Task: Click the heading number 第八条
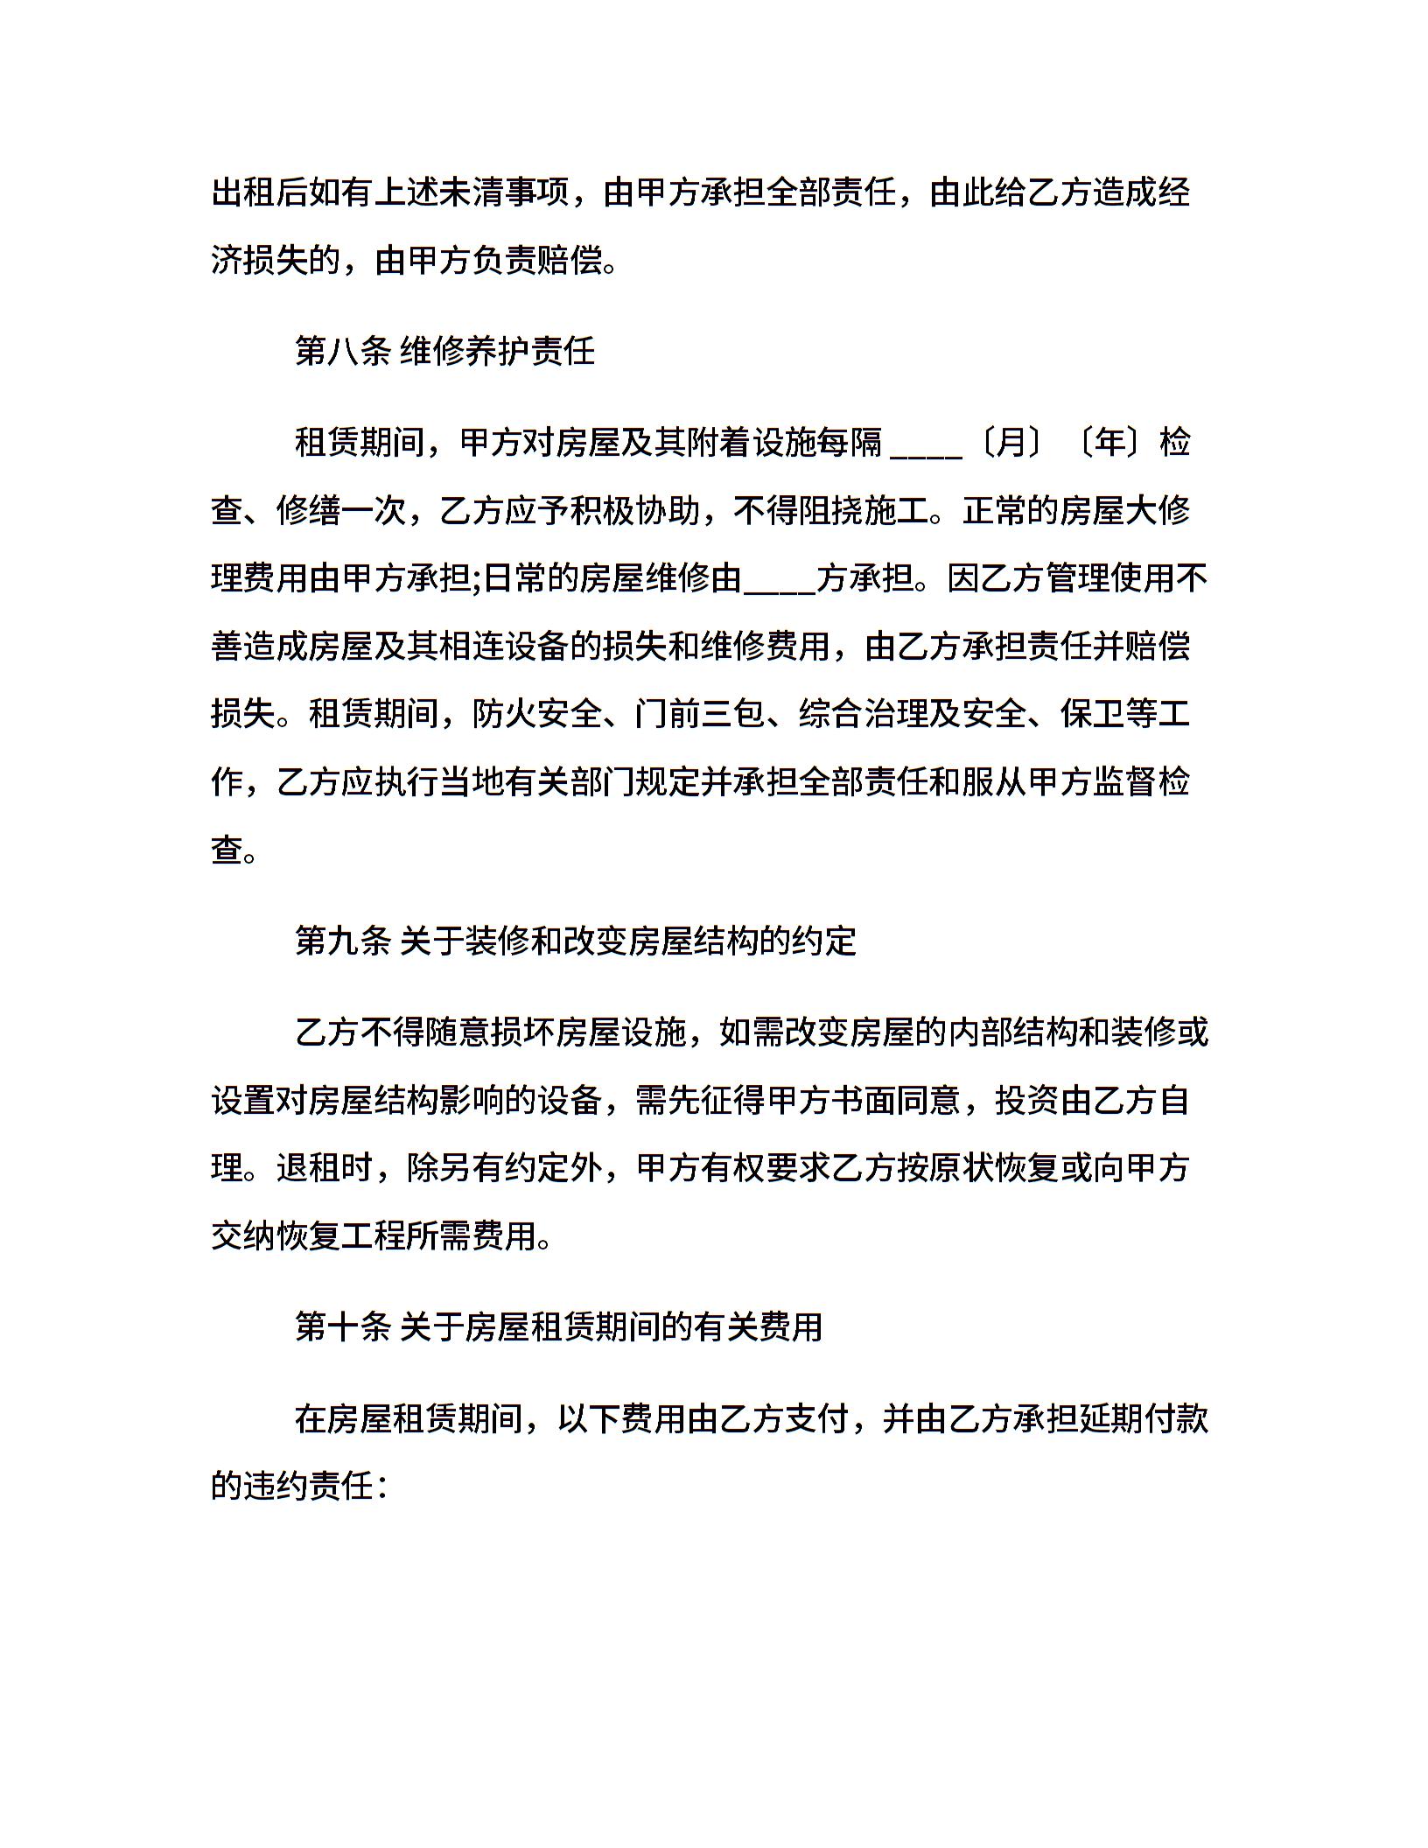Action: [342, 352]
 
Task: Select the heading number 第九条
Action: [342, 941]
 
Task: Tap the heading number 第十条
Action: [342, 1327]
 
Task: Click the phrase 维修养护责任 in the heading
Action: [498, 352]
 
